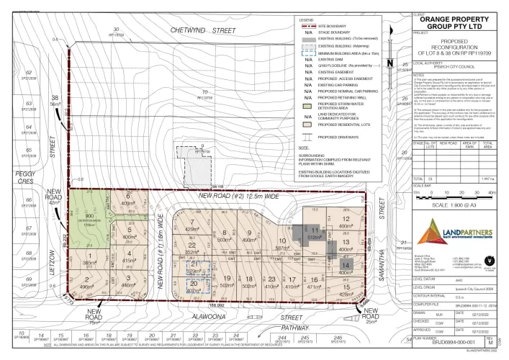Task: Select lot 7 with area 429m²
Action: pos(192,230)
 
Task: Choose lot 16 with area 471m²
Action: pos(314,282)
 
